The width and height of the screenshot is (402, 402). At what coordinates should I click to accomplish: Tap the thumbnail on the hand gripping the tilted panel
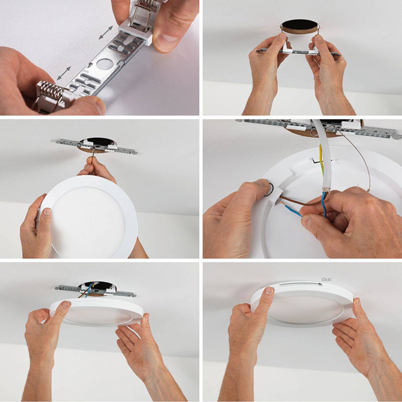coord(47,212)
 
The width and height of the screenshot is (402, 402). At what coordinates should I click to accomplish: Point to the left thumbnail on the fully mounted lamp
coord(269,291)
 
